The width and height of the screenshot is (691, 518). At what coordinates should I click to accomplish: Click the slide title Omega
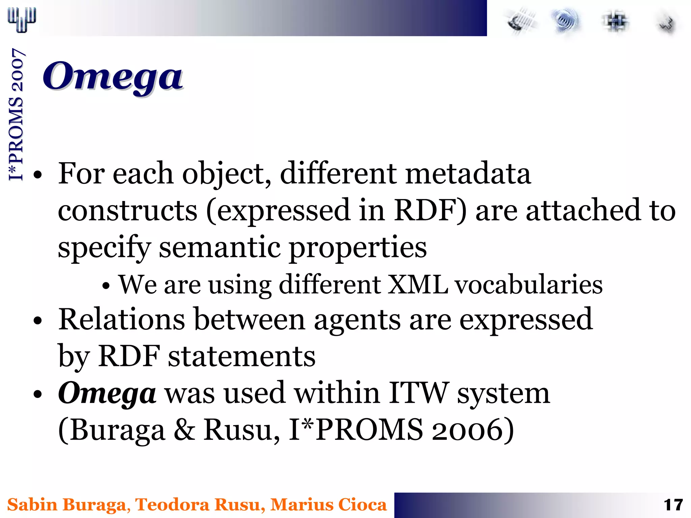click(x=113, y=77)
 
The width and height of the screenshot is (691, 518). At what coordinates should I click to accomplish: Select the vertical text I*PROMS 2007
click(x=16, y=115)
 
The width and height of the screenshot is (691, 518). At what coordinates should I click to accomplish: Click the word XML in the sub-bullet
click(x=418, y=285)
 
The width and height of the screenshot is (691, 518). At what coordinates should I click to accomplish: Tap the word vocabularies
click(x=529, y=285)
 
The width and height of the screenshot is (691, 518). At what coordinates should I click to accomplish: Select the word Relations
click(x=122, y=319)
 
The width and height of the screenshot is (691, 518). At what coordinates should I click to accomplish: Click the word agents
click(x=357, y=319)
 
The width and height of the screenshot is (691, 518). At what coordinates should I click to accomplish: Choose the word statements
click(x=242, y=356)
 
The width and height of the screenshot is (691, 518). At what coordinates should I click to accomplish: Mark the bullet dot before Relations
click(x=38, y=321)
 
